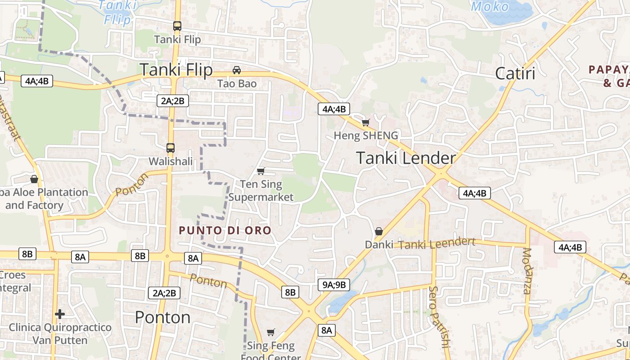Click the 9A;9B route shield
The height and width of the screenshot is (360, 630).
pyautogui.click(x=334, y=284)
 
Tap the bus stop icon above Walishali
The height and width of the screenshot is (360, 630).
pyautogui.click(x=171, y=148)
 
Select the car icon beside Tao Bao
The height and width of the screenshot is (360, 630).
pyautogui.click(x=236, y=70)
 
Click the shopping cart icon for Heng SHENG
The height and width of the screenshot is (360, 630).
pyautogui.click(x=365, y=122)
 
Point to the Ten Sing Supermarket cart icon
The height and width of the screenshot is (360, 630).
pyautogui.click(x=261, y=171)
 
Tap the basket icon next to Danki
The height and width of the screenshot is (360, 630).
pyautogui.click(x=379, y=231)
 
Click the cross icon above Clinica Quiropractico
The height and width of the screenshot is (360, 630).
pyautogui.click(x=60, y=314)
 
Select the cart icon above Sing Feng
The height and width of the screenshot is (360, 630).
pyautogui.click(x=270, y=332)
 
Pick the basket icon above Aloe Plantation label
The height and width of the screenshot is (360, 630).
pyautogui.click(x=34, y=179)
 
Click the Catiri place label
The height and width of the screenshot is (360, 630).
pyautogui.click(x=515, y=73)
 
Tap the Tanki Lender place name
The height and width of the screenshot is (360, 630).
pyautogui.click(x=406, y=158)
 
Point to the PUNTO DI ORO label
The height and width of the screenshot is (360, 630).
pyautogui.click(x=225, y=230)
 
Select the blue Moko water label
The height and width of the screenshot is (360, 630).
pyautogui.click(x=490, y=6)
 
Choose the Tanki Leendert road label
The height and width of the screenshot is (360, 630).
pyautogui.click(x=436, y=244)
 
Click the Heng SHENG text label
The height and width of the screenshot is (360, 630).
pyautogui.click(x=366, y=135)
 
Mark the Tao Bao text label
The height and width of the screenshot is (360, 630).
pyautogui.click(x=237, y=84)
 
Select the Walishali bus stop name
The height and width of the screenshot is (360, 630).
pyautogui.click(x=171, y=161)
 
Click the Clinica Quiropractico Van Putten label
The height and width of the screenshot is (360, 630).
pyautogui.click(x=60, y=333)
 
